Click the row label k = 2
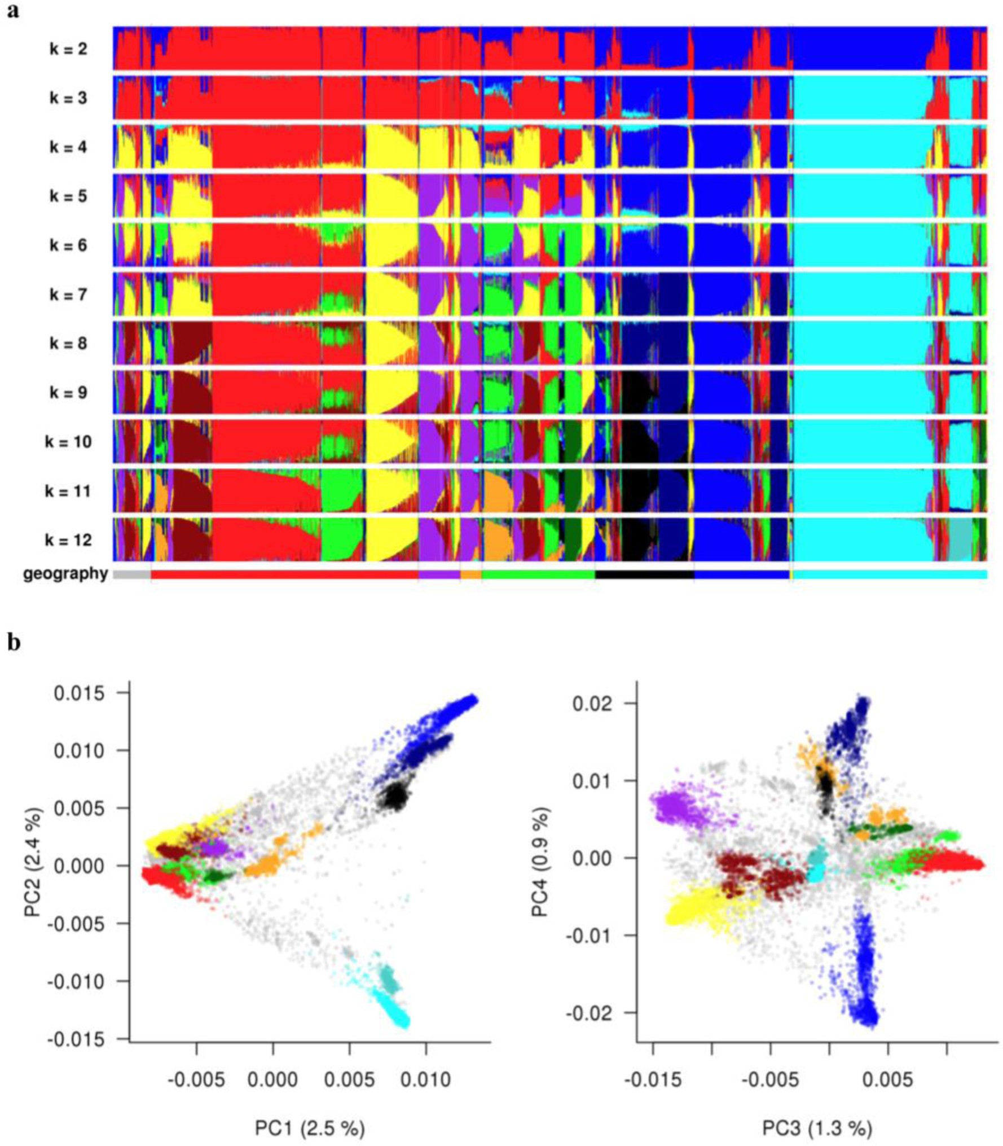[x=68, y=49]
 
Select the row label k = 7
[x=68, y=295]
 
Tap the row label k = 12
[x=68, y=540]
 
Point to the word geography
[x=65, y=574]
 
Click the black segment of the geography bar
[x=644, y=574]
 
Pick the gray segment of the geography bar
[x=131, y=574]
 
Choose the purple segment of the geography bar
[x=438, y=574]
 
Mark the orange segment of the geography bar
[x=470, y=574]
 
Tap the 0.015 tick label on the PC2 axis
[x=79, y=693]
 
